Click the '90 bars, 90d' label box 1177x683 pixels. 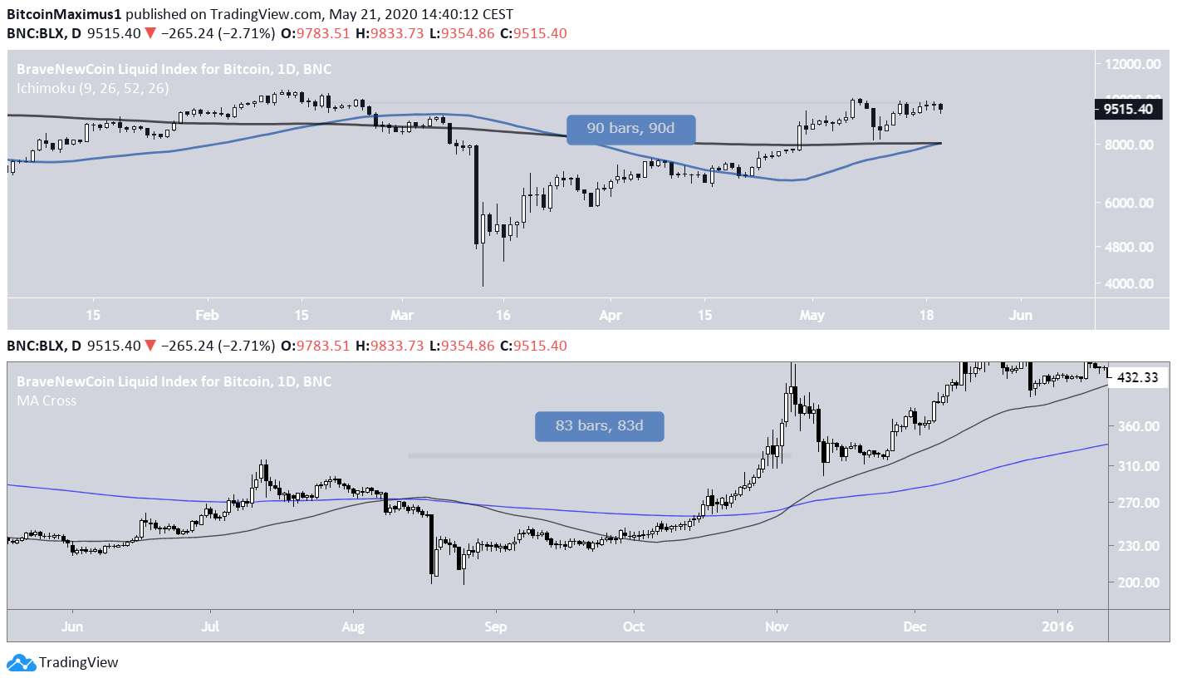point(630,129)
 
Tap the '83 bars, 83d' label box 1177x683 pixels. point(599,426)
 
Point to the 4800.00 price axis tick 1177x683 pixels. point(1130,247)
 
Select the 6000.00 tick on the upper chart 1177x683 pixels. point(1130,203)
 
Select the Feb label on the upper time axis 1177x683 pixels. point(207,315)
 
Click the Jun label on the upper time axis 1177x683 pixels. point(1021,315)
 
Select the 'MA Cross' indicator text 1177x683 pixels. point(47,400)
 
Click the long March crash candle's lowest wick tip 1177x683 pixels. point(483,287)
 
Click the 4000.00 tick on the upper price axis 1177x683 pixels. point(1130,283)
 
